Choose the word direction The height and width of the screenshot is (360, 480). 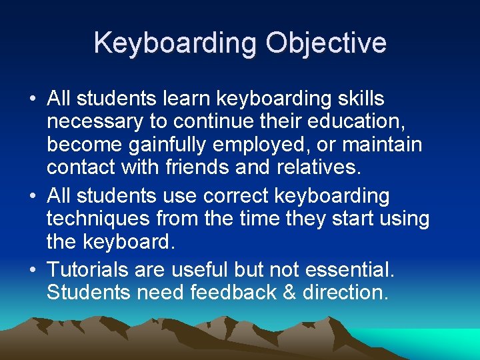pyautogui.click(x=351, y=292)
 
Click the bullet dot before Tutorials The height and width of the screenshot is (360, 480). pyautogui.click(x=33, y=270)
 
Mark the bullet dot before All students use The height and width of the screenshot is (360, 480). pyautogui.click(x=33, y=197)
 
